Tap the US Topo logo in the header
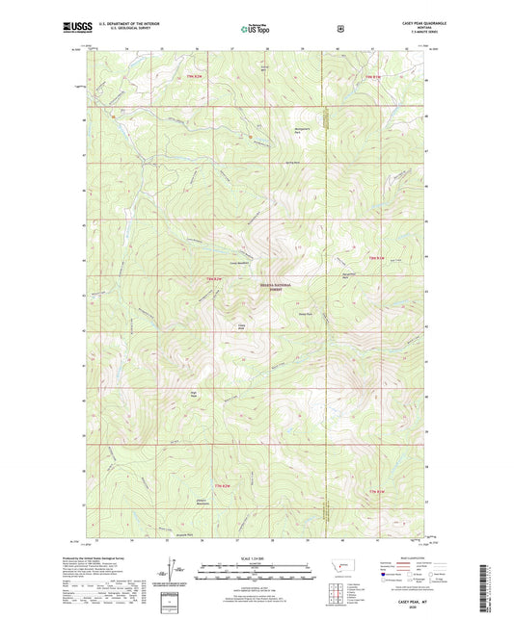pos(257,29)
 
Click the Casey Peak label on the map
pos(243,327)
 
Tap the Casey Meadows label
pos(239,263)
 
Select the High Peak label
pos(194,393)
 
